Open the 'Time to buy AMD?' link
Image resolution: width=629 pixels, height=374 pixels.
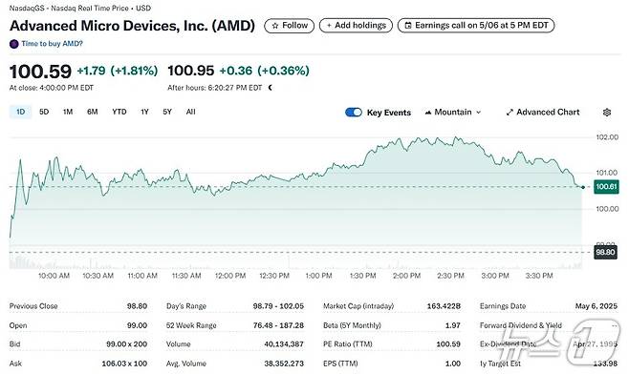click(52, 44)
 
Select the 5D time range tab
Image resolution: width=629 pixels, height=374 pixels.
click(44, 112)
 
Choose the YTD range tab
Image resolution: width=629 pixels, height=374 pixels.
click(119, 112)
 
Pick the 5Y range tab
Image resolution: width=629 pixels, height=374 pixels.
click(167, 112)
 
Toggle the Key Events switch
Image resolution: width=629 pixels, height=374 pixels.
click(355, 113)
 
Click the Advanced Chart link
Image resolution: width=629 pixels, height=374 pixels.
click(542, 113)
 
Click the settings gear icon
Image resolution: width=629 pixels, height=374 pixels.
click(606, 113)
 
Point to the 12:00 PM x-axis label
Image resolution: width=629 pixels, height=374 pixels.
click(231, 276)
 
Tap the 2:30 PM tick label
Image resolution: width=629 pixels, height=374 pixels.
click(451, 276)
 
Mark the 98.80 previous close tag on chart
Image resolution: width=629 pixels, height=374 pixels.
click(605, 253)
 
